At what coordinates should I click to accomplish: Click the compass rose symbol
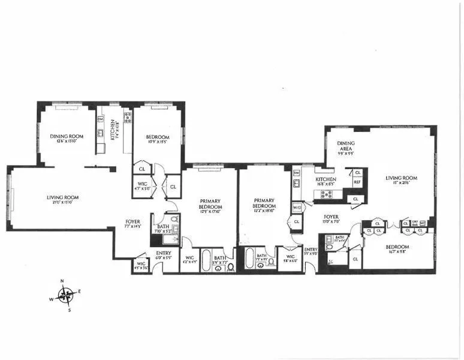click(x=67, y=294)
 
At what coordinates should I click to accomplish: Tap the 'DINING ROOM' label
click(x=66, y=136)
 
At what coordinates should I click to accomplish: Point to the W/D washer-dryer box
click(x=296, y=208)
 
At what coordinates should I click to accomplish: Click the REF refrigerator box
click(x=357, y=182)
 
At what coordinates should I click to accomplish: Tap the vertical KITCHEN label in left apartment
click(x=113, y=131)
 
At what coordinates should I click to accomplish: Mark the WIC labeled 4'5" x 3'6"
click(x=141, y=265)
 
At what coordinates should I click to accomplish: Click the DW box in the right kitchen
click(x=296, y=173)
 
